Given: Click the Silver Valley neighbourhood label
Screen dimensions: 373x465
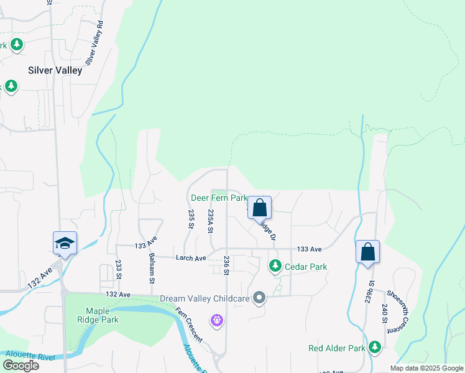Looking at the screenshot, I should point(55,70).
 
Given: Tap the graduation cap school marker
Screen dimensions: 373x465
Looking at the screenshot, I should point(64,243).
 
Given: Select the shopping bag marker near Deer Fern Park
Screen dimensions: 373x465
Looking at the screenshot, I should point(259,207).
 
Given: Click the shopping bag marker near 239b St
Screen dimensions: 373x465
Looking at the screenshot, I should point(367,252).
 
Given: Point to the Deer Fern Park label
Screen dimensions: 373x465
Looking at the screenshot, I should point(219,198).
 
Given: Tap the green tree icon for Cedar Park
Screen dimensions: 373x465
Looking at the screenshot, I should point(275,266).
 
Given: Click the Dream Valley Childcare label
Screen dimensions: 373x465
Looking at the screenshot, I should point(205,298).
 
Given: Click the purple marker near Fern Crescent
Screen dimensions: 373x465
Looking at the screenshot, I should point(216,320).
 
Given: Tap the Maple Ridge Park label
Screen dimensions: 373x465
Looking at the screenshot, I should point(93,315).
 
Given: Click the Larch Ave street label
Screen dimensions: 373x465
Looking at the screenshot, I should point(191,258).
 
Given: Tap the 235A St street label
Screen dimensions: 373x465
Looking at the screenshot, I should point(211,221).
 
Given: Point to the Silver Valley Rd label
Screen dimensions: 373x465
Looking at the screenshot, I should point(94,44).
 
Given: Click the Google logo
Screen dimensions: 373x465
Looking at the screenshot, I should point(21,366).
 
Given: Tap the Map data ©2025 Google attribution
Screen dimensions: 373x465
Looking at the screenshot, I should point(426,368).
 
